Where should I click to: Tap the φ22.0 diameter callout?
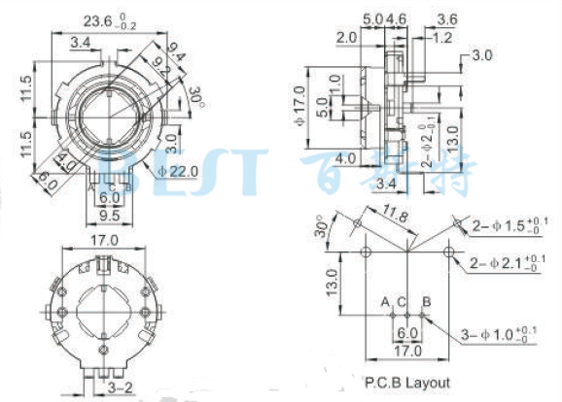coord(178,171)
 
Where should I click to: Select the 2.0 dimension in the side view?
coord(346,37)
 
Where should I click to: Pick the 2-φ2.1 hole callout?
coord(510,263)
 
